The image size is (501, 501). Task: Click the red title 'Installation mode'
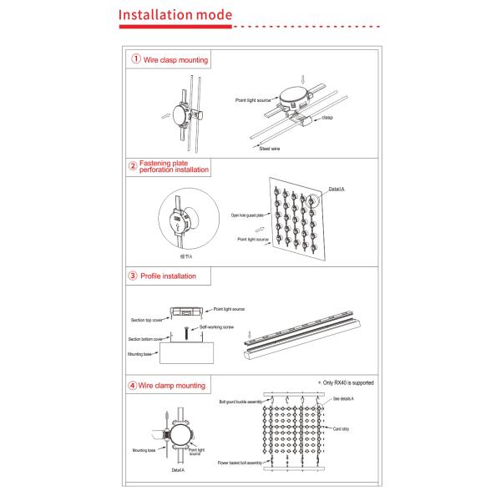175,16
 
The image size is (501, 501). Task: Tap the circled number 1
134,59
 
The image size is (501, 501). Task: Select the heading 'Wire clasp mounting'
175,60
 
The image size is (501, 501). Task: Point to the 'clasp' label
327,119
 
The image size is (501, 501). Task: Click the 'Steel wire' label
270,147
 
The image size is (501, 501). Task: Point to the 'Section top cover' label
147,319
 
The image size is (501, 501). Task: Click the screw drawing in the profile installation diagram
185,334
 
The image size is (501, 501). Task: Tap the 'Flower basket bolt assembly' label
241,462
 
